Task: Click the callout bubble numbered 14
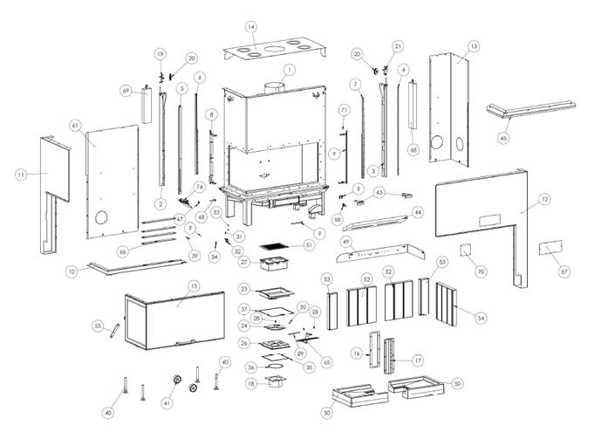tap(251, 28)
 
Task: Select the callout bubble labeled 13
tap(474, 45)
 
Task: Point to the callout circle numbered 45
tap(503, 137)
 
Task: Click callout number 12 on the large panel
tap(544, 200)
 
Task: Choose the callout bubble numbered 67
tap(564, 272)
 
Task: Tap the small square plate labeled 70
tap(467, 251)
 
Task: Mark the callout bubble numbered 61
tap(76, 127)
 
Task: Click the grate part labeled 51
tap(275, 245)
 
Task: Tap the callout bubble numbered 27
tap(245, 261)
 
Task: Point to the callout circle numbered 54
tap(481, 319)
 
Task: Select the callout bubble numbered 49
tap(345, 241)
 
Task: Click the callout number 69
tap(126, 91)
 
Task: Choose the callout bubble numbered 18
tap(251, 383)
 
